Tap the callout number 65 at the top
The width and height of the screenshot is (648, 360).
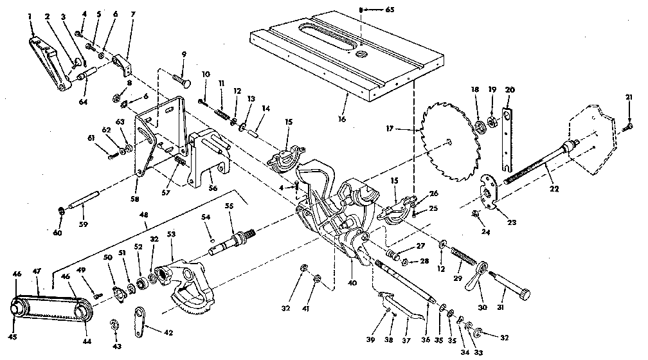click(x=371, y=10)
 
